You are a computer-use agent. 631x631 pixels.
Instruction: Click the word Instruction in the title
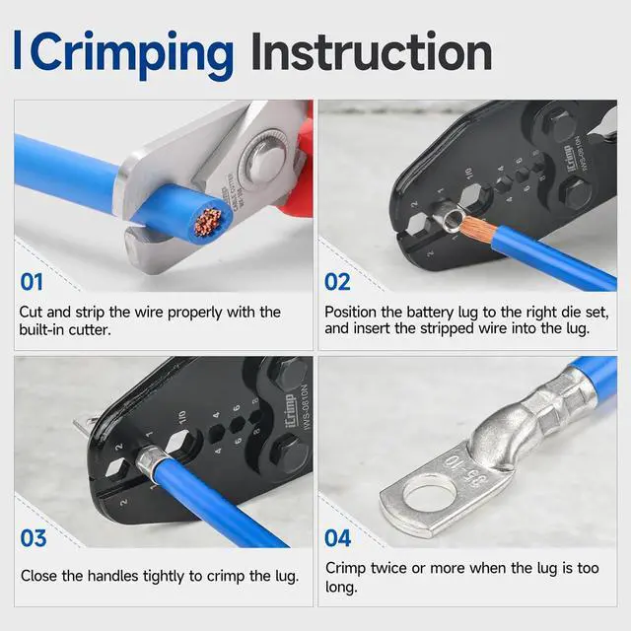coord(372,52)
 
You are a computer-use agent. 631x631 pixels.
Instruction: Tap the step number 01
coord(32,282)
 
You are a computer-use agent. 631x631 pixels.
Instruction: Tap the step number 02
coord(337,282)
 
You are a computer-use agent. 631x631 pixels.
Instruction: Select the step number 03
coord(34,538)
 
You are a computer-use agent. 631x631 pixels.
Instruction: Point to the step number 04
coord(337,538)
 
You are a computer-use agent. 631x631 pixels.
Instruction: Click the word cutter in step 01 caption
coord(90,330)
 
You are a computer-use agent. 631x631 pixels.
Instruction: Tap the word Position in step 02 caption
coord(351,313)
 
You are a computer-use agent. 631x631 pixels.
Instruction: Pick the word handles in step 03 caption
coord(112,576)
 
